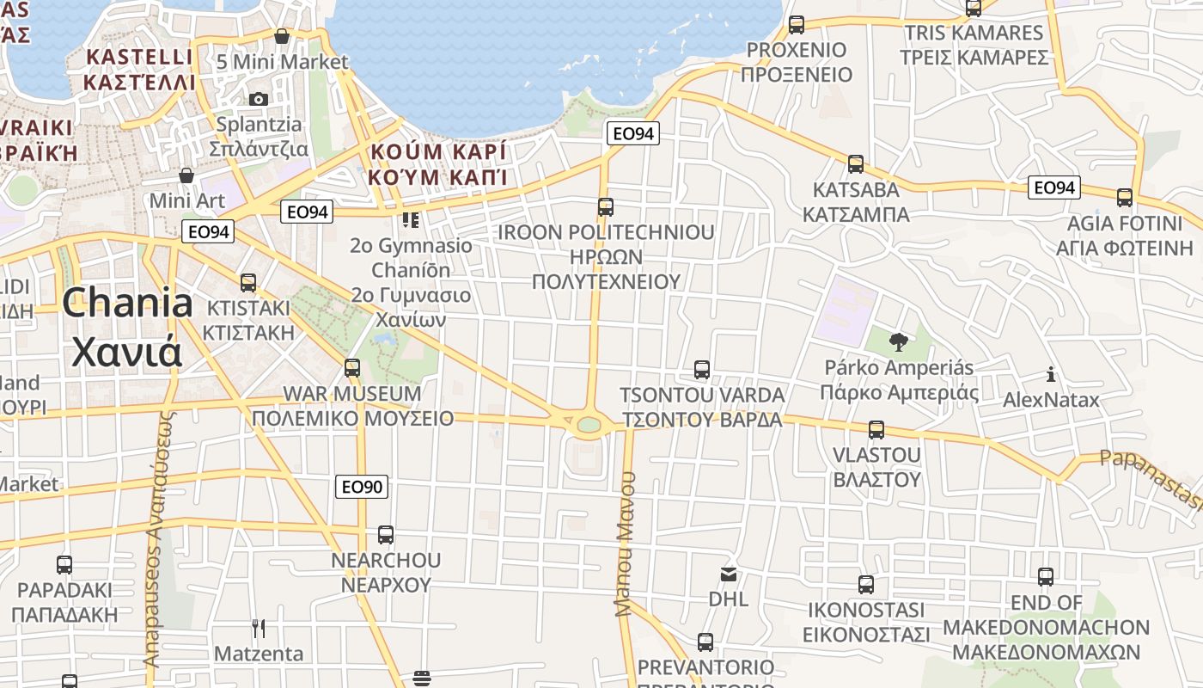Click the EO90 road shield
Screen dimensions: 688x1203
point(362,487)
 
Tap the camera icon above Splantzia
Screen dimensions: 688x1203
point(258,99)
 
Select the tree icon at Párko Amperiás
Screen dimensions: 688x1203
point(898,342)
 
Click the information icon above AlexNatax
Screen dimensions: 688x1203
point(1050,374)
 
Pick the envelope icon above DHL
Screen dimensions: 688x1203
point(729,574)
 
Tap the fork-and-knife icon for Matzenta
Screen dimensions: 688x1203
point(258,629)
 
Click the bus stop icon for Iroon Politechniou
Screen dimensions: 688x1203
point(606,207)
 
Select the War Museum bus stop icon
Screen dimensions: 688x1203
point(352,368)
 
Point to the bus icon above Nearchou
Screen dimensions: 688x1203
point(386,534)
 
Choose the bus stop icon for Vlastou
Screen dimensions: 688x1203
point(876,429)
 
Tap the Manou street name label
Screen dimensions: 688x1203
point(625,544)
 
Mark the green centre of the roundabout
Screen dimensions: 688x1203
point(589,424)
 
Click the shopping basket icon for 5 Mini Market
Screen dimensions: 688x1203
point(282,36)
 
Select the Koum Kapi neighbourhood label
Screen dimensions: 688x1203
point(437,164)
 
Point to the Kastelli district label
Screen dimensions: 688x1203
point(139,70)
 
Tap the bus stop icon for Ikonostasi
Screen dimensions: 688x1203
point(866,585)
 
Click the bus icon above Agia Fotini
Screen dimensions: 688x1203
point(1125,198)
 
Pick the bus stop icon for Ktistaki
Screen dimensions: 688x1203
point(248,282)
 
